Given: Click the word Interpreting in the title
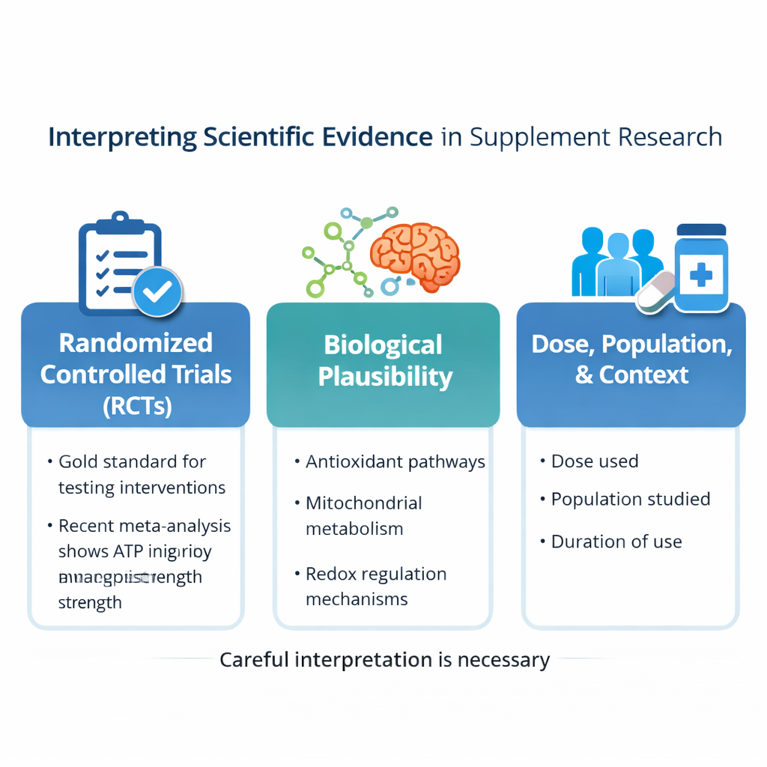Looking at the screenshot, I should coord(122,138).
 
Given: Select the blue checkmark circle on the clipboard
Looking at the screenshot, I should coord(157,291).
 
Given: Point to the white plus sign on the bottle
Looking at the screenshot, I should coord(701,275).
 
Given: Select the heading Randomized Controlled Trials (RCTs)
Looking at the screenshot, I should coord(136,374).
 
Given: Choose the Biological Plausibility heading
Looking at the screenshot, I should coord(384,360).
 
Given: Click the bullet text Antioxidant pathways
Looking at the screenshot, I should coord(395,462).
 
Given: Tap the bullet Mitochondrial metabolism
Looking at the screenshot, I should coord(364,515).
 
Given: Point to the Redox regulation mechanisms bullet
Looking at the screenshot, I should coord(376,586).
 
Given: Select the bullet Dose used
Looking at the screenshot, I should coord(595,461).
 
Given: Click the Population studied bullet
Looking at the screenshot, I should coord(631,500).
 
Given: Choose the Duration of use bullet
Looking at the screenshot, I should coord(616,542).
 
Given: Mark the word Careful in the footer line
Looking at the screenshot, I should coord(253,660).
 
